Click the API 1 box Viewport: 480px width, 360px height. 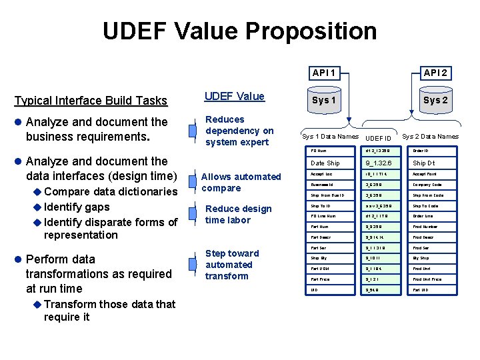pyautogui.click(x=323, y=73)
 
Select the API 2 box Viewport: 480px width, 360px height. pyautogui.click(x=435, y=73)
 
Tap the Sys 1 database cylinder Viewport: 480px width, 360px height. pyautogui.click(x=324, y=101)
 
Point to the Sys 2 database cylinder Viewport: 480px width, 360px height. pyautogui.click(x=436, y=101)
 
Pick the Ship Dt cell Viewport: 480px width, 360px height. pyautogui.click(x=433, y=163)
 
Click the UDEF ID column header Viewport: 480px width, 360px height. pyautogui.click(x=379, y=137)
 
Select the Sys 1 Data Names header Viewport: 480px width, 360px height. pyautogui.click(x=330, y=137)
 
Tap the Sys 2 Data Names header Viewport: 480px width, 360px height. pyautogui.click(x=430, y=137)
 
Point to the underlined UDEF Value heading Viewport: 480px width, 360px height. pyautogui.click(x=234, y=97)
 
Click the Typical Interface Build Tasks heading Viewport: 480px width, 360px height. pyautogui.click(x=91, y=101)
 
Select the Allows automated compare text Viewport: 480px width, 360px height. pyautogui.click(x=241, y=182)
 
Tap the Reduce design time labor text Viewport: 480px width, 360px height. pyautogui.click(x=238, y=214)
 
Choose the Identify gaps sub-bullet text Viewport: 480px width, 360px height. pyautogui.click(x=77, y=207)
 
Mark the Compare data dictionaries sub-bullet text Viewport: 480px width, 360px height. pyautogui.click(x=110, y=191)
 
